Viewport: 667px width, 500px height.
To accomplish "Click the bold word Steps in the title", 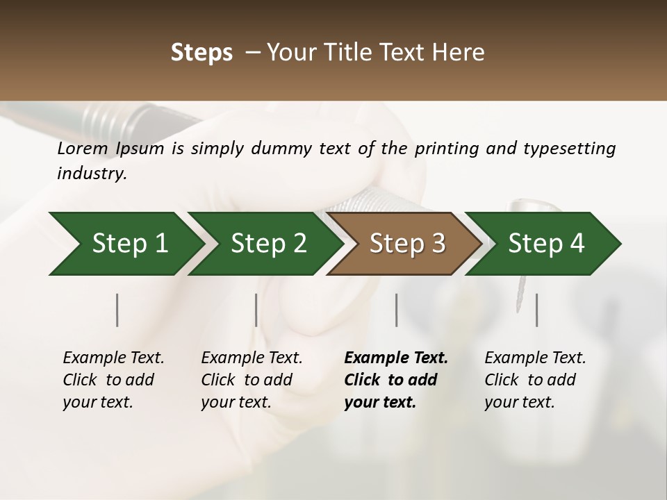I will pyautogui.click(x=201, y=53).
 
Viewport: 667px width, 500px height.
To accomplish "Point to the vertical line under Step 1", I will pyautogui.click(x=117, y=310).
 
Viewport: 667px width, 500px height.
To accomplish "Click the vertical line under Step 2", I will pyautogui.click(x=256, y=310).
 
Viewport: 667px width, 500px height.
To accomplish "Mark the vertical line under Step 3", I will pyautogui.click(x=396, y=310).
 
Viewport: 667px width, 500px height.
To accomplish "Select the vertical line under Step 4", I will pyautogui.click(x=536, y=310).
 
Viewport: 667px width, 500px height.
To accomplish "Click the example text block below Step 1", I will pyautogui.click(x=113, y=380).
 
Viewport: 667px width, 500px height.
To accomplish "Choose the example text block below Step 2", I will pyautogui.click(x=252, y=380).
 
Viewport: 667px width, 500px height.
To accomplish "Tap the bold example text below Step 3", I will pyautogui.click(x=396, y=380).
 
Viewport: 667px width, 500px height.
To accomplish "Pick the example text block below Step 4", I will pyautogui.click(x=535, y=380).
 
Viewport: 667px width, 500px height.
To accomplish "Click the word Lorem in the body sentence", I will pyautogui.click(x=83, y=149).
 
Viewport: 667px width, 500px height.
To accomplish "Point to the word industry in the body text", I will pyautogui.click(x=92, y=174).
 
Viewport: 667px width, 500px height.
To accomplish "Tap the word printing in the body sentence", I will pyautogui.click(x=447, y=149).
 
